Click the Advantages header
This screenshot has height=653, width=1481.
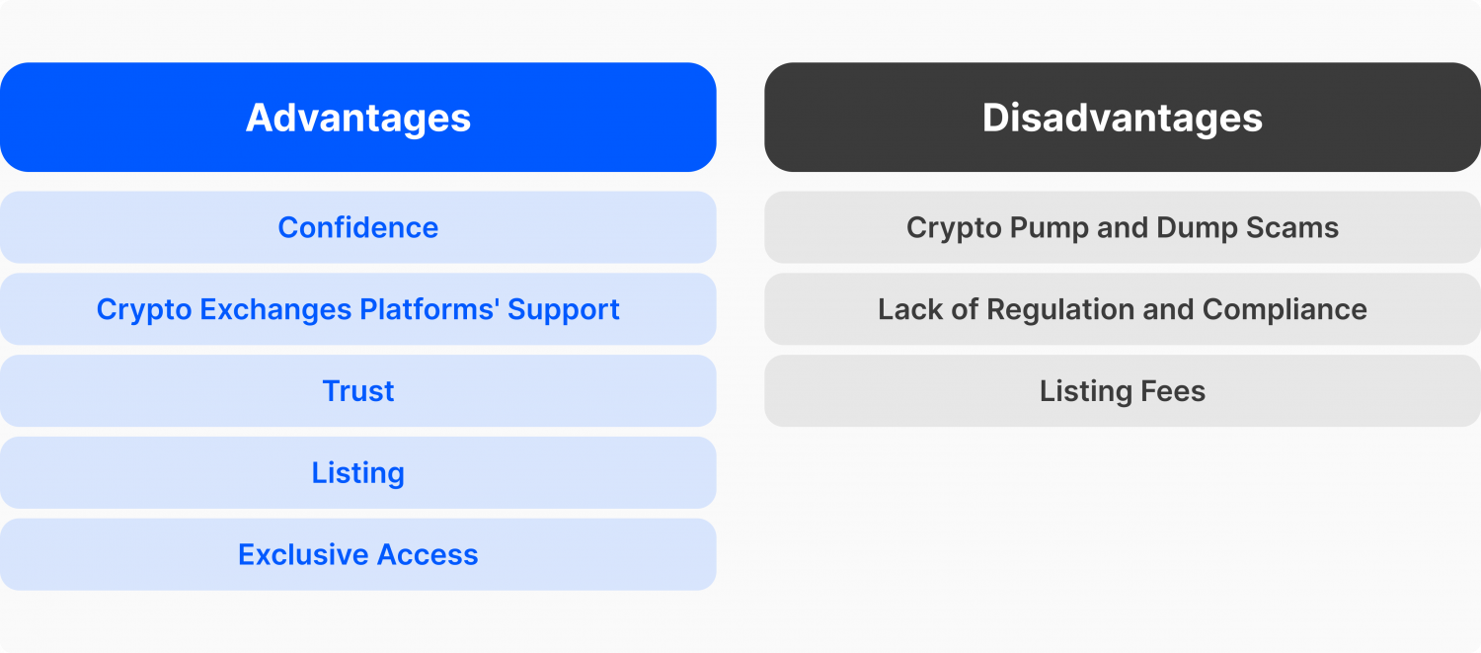coord(357,118)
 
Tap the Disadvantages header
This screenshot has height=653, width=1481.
coord(1123,118)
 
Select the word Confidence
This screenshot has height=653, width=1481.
coord(357,227)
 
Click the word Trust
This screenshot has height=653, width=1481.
coord(357,391)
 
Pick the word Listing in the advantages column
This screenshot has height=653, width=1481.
coord(357,474)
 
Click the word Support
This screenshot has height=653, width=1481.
coord(564,310)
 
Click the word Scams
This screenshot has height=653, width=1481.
coord(1292,227)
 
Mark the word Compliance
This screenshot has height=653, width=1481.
coord(1285,310)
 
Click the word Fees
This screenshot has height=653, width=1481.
coord(1173,391)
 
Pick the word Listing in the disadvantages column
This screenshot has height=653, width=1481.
coord(1086,392)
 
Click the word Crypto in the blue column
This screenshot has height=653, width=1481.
coord(144,310)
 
